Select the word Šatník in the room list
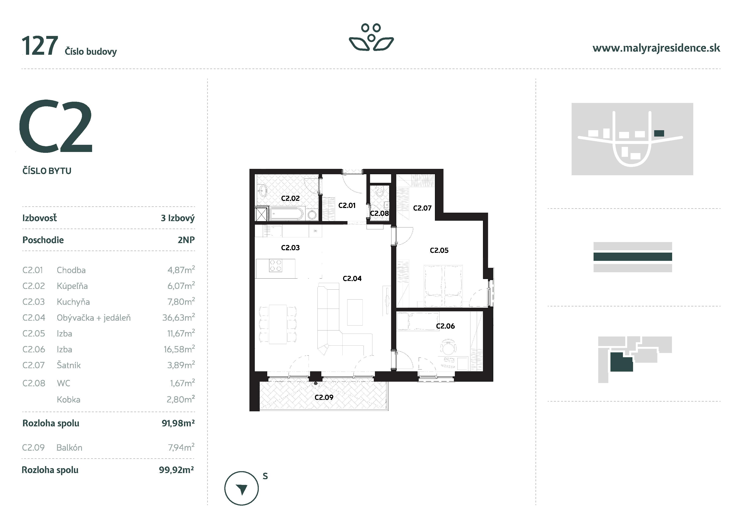[68, 365]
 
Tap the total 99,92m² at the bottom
[176, 470]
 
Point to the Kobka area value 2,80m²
[180, 400]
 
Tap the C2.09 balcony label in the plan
[324, 397]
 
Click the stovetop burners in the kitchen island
[276, 266]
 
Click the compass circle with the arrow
[241, 488]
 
